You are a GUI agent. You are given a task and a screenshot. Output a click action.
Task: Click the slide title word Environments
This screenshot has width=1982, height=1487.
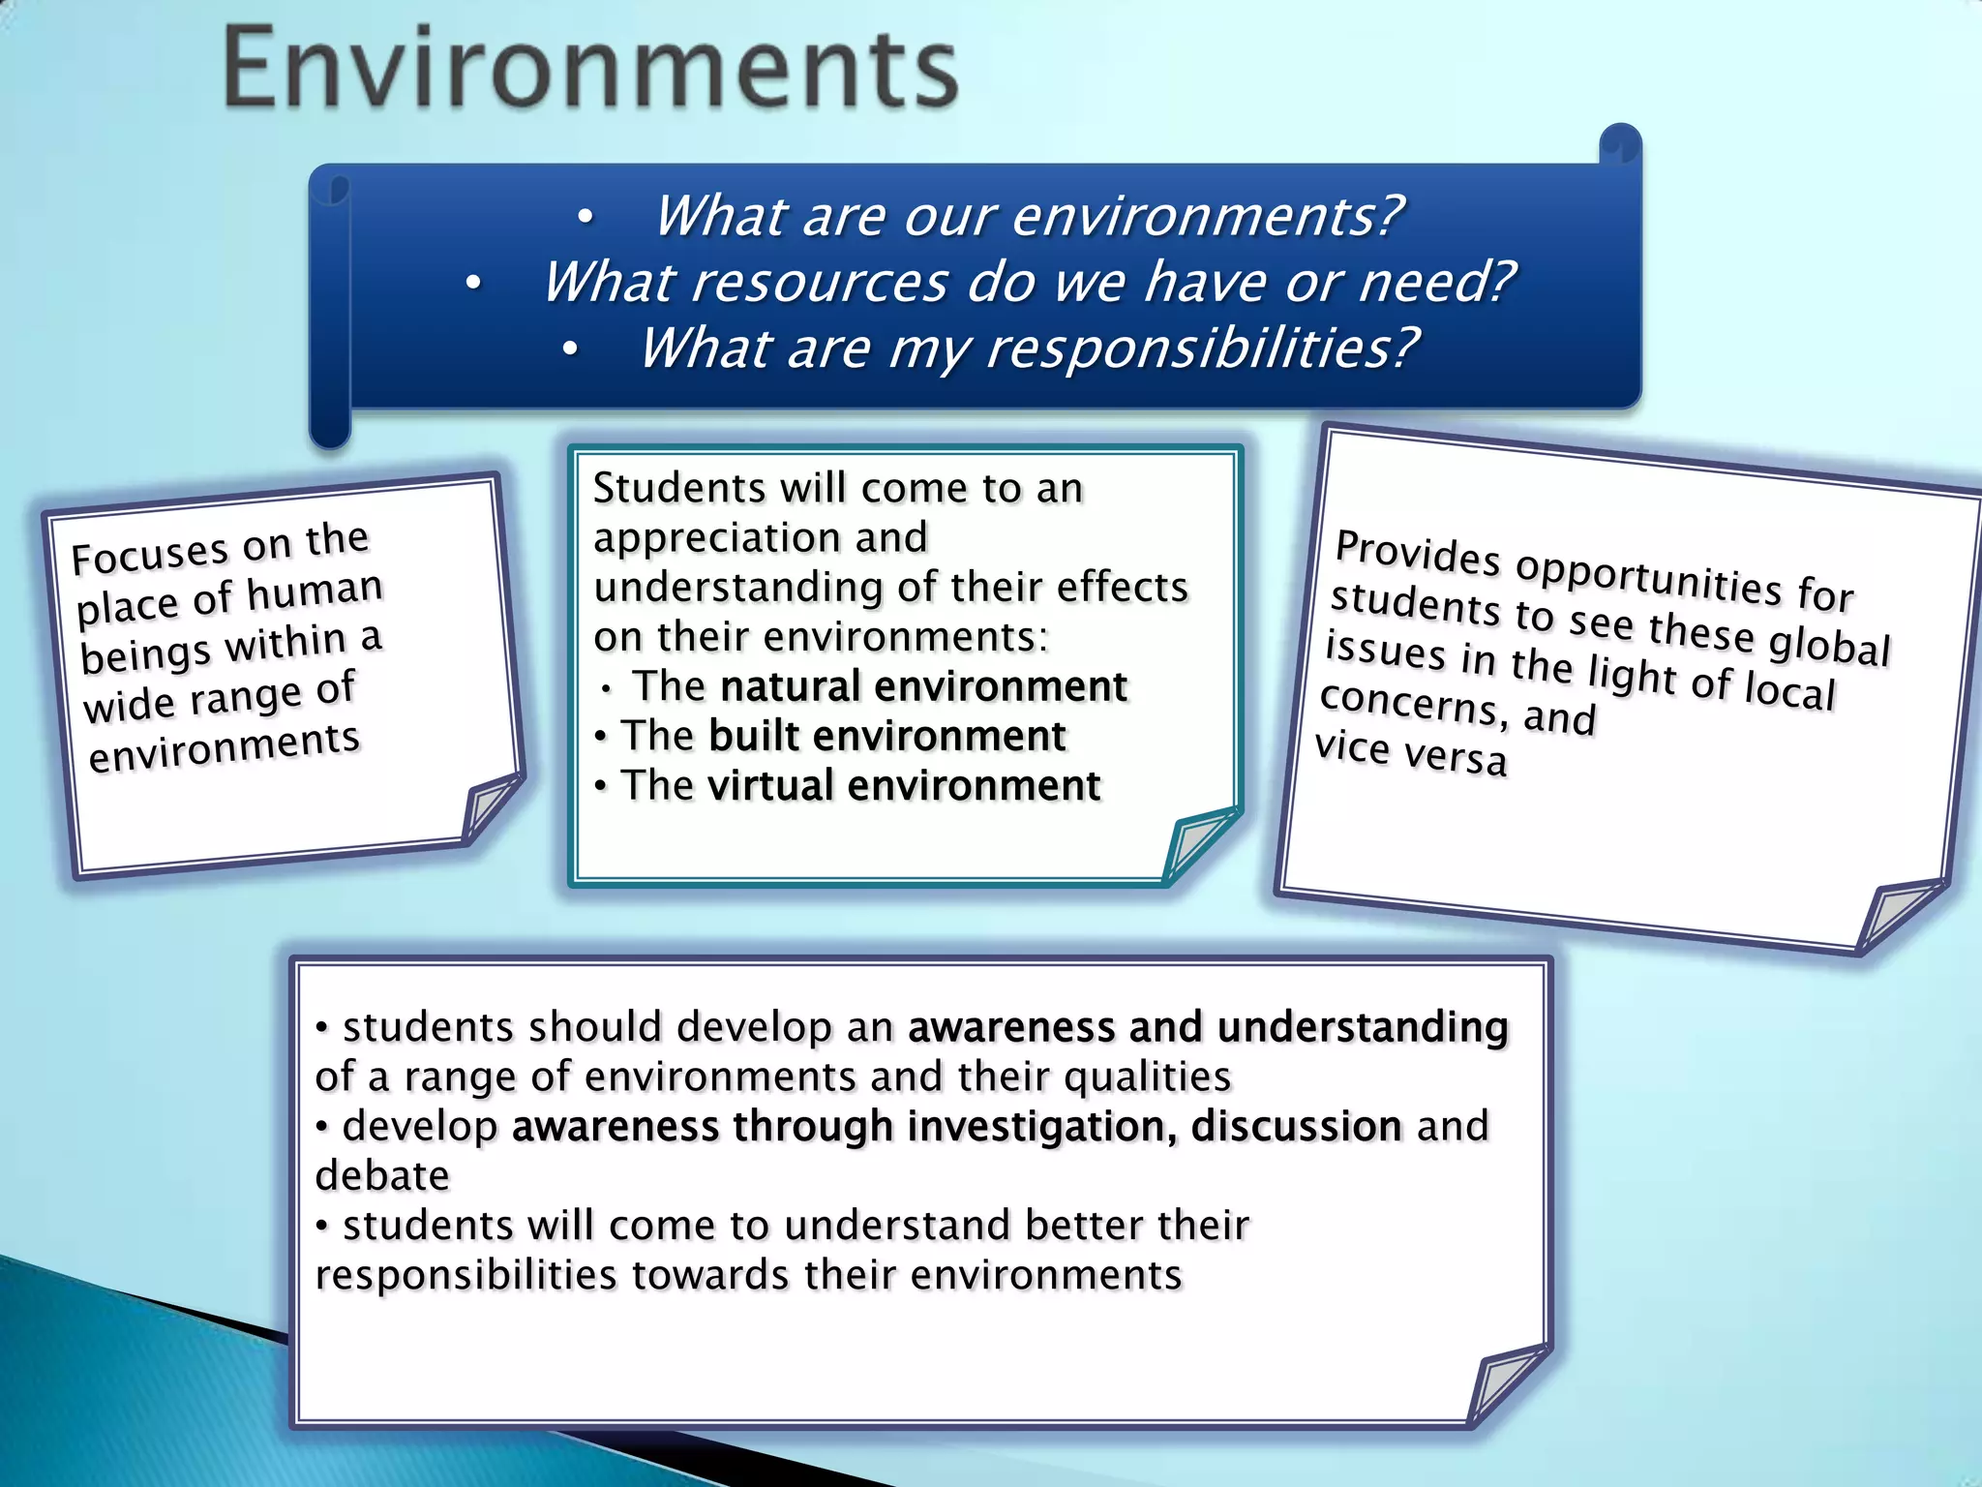coord(590,68)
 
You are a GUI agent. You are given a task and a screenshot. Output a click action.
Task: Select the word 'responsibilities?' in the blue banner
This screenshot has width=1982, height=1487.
coord(1200,349)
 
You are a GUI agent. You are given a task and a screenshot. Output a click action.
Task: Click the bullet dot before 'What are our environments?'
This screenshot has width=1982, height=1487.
coord(585,218)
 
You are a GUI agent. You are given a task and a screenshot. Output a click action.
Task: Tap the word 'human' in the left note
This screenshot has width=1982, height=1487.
coord(315,592)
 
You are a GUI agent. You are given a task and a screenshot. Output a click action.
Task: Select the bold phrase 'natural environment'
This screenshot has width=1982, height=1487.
coord(923,687)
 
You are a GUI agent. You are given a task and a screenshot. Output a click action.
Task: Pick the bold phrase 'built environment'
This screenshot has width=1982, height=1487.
coord(886,737)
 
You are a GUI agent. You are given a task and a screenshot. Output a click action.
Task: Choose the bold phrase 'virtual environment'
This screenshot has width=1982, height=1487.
coord(904,786)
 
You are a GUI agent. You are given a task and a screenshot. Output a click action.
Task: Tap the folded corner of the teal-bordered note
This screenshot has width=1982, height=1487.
coord(1198,844)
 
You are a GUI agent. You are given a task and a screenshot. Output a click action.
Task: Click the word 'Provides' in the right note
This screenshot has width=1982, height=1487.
coord(1417,552)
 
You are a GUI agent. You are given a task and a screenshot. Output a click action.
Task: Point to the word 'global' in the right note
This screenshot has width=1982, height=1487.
coord(1828,646)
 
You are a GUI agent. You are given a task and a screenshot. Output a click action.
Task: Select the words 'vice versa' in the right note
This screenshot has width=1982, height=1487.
coord(1410,753)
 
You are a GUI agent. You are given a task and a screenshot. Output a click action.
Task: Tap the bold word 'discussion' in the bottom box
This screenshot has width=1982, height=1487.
coord(1295,1127)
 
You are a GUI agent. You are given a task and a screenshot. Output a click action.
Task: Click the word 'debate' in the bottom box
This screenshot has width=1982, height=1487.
coord(382,1176)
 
